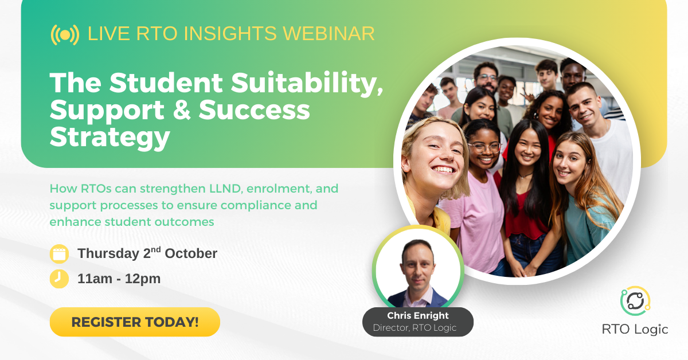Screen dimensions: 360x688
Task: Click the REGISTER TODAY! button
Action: tap(135, 322)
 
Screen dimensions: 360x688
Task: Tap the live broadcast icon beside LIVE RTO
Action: tap(65, 34)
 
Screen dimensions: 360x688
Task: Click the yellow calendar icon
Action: tap(59, 253)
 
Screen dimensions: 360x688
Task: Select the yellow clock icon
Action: tap(59, 279)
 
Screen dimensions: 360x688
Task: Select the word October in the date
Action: tap(191, 253)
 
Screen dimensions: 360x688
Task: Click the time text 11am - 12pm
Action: tap(119, 279)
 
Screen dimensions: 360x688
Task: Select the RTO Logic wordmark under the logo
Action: tap(635, 329)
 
